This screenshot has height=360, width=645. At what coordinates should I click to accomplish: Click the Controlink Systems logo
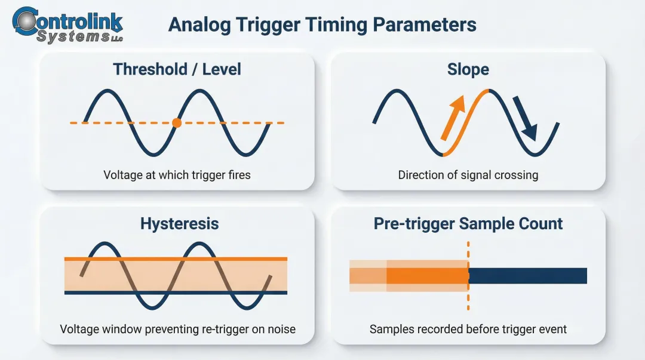67,25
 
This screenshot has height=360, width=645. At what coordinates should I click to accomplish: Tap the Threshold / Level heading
177,69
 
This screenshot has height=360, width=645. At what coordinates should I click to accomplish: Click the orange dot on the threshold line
176,123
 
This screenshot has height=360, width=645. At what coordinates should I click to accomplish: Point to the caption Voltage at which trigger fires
177,175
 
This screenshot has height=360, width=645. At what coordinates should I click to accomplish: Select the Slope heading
468,69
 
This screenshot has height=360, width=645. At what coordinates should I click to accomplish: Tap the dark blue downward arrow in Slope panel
526,118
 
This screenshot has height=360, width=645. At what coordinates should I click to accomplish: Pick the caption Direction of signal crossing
468,175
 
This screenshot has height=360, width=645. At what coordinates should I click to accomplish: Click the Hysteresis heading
179,224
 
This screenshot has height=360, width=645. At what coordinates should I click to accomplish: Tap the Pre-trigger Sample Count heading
468,224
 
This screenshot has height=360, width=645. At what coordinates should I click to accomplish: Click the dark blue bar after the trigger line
528,276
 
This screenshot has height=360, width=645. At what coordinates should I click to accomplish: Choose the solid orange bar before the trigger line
427,276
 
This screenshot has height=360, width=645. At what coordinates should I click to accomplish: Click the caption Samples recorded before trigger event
468,329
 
